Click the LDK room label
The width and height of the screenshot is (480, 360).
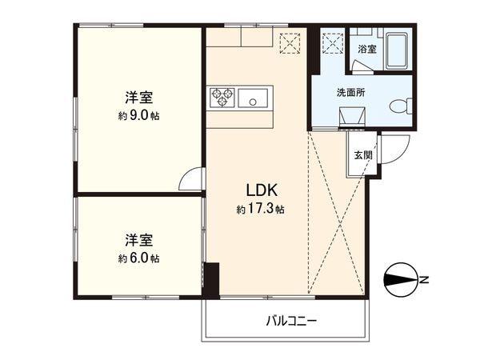pyautogui.click(x=261, y=192)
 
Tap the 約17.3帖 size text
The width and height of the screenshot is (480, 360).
pyautogui.click(x=261, y=209)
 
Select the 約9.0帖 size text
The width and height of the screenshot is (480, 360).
pyautogui.click(x=139, y=115)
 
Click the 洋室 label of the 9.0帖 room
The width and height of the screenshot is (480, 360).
pyautogui.click(x=139, y=98)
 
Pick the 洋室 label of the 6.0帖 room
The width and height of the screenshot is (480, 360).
pyautogui.click(x=139, y=240)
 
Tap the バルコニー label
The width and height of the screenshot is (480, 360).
pyautogui.click(x=291, y=322)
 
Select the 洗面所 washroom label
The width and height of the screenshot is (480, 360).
pyautogui.click(x=350, y=93)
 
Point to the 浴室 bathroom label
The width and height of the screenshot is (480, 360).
pyautogui.click(x=367, y=50)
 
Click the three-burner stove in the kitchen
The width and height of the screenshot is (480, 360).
pyautogui.click(x=222, y=98)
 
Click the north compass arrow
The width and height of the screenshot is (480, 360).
pyautogui.click(x=402, y=280)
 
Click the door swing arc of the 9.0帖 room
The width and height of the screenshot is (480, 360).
pyautogui.click(x=193, y=179)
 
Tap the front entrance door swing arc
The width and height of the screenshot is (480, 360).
pyautogui.click(x=394, y=149)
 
